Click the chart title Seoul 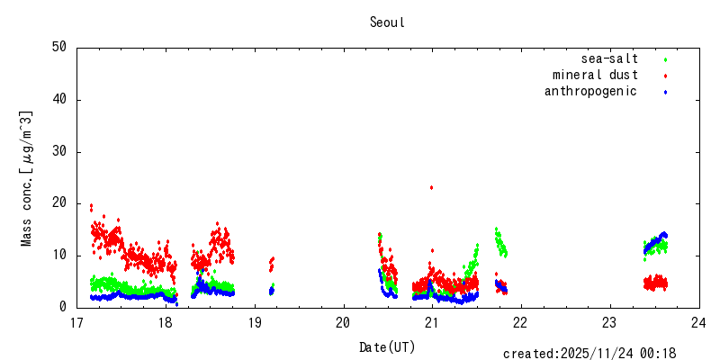(x=387, y=22)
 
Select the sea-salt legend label (x=610, y=59)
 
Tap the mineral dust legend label (x=595, y=76)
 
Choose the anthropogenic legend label (x=590, y=92)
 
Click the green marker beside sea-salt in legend (x=665, y=59)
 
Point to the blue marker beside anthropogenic (x=665, y=92)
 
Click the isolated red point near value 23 (x=432, y=187)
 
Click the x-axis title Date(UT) (x=387, y=346)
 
